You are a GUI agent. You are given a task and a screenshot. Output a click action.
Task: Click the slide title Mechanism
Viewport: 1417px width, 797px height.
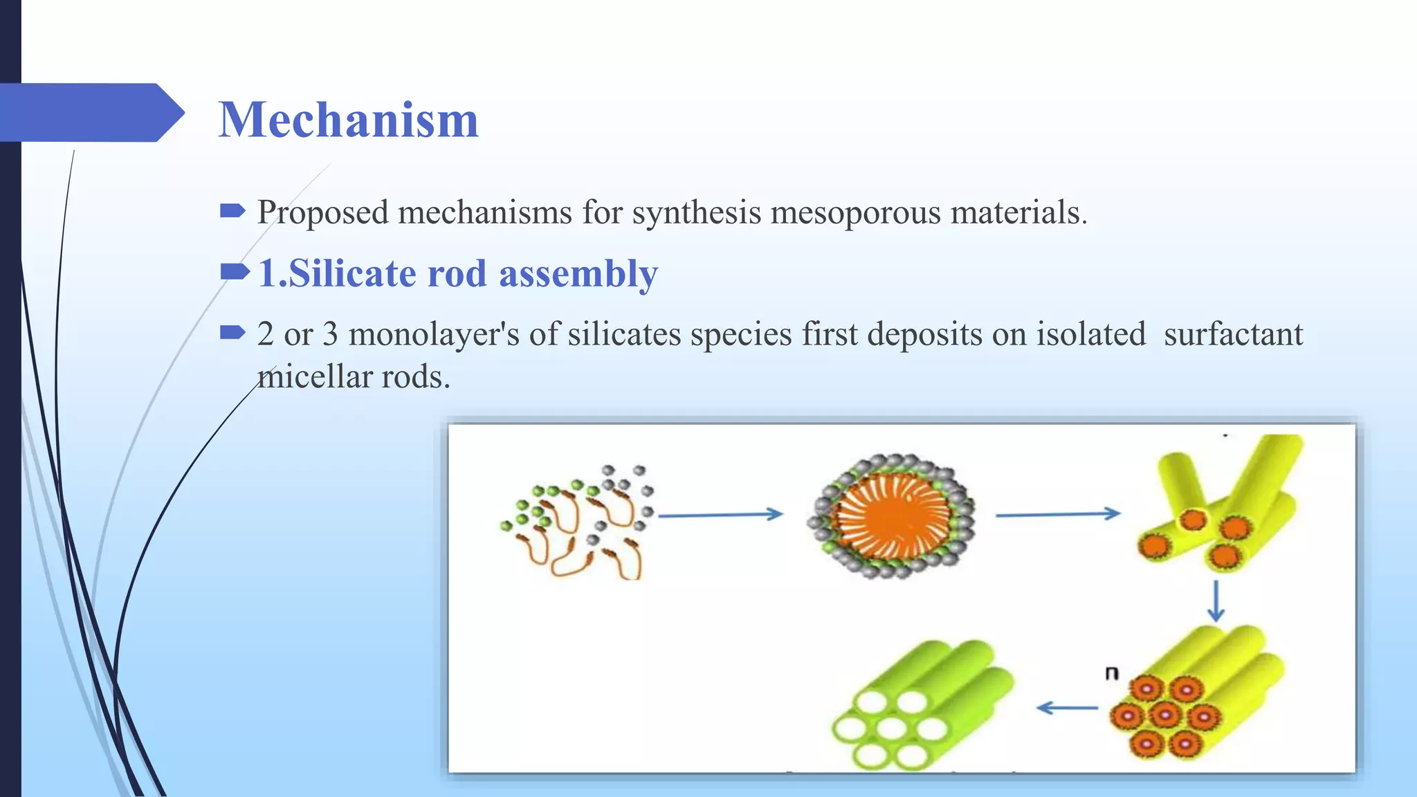pyautogui.click(x=348, y=120)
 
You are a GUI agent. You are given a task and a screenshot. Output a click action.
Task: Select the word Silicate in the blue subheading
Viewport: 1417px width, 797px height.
pyautogui.click(x=351, y=273)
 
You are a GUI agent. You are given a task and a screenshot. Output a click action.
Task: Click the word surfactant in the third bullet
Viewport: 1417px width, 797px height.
pyautogui.click(x=1233, y=335)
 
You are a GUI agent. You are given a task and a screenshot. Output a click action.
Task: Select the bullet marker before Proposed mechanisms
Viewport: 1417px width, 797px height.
pyautogui.click(x=232, y=210)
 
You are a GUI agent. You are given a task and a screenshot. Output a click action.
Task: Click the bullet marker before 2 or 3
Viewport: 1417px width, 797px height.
pyautogui.click(x=232, y=333)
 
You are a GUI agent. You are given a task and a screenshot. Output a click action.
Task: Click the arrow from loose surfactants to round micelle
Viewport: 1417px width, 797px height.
pyautogui.click(x=720, y=514)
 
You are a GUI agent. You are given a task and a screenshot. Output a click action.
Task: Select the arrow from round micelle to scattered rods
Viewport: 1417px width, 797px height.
pyautogui.click(x=1057, y=514)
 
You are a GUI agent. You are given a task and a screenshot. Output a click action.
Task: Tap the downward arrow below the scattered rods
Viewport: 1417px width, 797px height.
pyautogui.click(x=1216, y=601)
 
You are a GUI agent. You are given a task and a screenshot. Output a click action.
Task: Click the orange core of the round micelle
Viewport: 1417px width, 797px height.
pyautogui.click(x=890, y=516)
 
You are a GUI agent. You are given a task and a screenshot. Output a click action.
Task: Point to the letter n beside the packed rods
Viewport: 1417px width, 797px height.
pyautogui.click(x=1111, y=672)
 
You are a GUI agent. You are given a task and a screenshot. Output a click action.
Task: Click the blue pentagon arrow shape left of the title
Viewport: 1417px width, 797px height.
pyautogui.click(x=90, y=112)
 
